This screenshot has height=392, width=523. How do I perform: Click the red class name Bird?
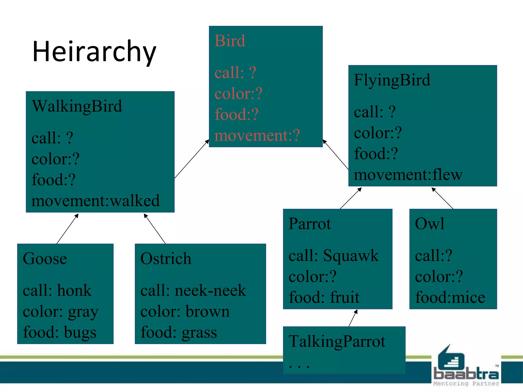(x=230, y=41)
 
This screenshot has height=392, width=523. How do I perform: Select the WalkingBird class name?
(x=77, y=106)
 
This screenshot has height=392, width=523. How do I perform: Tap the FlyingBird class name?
(x=392, y=80)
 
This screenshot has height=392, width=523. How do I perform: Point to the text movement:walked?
(x=96, y=201)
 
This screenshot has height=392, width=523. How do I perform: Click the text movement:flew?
(x=408, y=175)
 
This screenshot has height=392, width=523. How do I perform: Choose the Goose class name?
(x=45, y=259)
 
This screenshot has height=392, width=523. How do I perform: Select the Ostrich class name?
(x=166, y=259)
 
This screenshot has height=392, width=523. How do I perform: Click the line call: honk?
(x=57, y=290)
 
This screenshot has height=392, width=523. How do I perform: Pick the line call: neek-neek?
(x=193, y=290)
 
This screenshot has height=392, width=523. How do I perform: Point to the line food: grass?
(x=179, y=333)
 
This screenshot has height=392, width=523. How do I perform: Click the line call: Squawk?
(x=334, y=255)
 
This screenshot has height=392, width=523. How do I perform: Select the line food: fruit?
(x=324, y=298)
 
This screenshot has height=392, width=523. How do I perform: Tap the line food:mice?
(x=450, y=298)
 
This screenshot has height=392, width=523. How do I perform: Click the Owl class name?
(x=430, y=224)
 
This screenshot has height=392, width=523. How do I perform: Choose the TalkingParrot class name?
(x=337, y=341)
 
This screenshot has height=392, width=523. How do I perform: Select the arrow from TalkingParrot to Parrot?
(x=353, y=318)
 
